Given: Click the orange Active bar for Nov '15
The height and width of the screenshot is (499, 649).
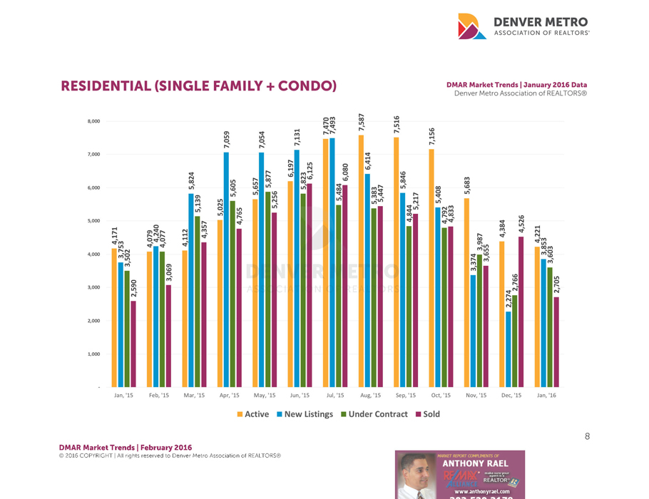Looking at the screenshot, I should pyautogui.click(x=466, y=292).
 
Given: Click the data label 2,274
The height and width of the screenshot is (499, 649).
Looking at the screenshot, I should pyautogui.click(x=508, y=299).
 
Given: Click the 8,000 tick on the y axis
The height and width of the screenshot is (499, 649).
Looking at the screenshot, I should pyautogui.click(x=93, y=121).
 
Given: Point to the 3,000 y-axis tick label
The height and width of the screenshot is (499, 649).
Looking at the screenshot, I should pyautogui.click(x=93, y=287).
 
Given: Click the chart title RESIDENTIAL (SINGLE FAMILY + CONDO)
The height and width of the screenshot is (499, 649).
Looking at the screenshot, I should pyautogui.click(x=198, y=87).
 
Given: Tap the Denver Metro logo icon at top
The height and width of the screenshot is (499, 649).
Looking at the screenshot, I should pyautogui.click(x=471, y=26).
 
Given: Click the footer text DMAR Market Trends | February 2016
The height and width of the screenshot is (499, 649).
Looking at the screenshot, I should pyautogui.click(x=125, y=447).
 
